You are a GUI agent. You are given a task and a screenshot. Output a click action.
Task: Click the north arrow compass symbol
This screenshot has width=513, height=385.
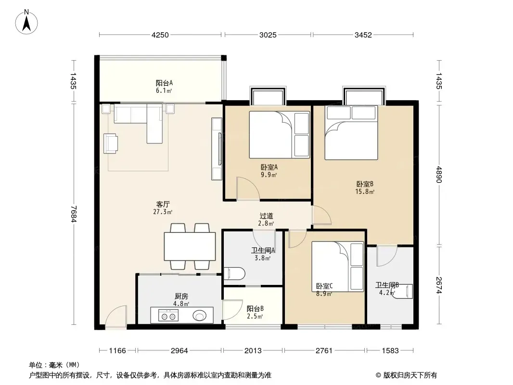[26, 22]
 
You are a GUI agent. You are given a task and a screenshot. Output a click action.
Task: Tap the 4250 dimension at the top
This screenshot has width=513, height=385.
[160, 35]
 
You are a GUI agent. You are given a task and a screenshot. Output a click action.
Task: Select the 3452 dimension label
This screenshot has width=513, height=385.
[363, 35]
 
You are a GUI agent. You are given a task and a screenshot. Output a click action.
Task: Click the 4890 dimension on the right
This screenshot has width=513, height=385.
[439, 175]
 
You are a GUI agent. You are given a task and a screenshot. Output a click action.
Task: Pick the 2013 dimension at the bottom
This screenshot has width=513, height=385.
[253, 351]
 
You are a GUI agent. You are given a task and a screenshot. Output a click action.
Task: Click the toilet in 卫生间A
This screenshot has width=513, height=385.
[234, 274]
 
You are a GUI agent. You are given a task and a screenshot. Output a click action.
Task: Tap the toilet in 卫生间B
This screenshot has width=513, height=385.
[404, 291]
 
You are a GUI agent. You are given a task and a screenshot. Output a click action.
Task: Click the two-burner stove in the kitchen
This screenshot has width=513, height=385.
[168, 316]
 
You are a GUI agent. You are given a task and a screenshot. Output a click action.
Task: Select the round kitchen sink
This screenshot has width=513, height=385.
[200, 316]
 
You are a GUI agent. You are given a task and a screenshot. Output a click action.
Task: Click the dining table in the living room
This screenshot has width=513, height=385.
[190, 246]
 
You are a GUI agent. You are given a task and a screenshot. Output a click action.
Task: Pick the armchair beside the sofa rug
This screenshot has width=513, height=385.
[111, 143]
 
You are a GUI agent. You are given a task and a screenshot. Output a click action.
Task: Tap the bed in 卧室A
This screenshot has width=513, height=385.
[280, 135]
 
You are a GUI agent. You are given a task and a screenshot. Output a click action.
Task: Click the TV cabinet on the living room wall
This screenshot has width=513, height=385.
[217, 149]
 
